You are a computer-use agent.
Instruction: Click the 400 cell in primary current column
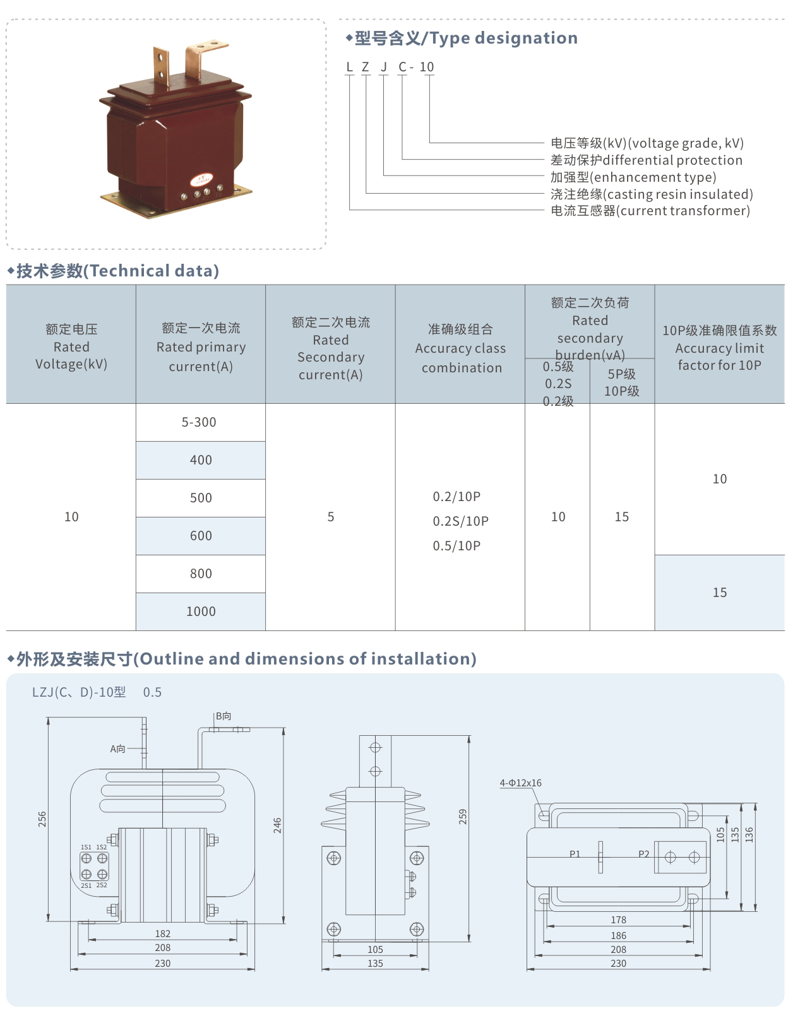pyautogui.click(x=201, y=460)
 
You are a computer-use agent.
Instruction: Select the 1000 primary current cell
pyautogui.click(x=201, y=611)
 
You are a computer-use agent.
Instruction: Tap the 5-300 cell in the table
pyautogui.click(x=199, y=422)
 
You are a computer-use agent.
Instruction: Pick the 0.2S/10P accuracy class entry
pyautogui.click(x=460, y=521)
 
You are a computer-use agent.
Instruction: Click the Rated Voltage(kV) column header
pyautogui.click(x=71, y=346)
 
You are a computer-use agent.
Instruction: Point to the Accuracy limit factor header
pyautogui.click(x=719, y=348)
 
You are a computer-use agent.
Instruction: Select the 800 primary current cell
pyautogui.click(x=201, y=574)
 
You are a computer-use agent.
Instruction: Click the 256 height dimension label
pyautogui.click(x=42, y=819)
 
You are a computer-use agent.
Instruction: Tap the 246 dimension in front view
pyautogui.click(x=277, y=825)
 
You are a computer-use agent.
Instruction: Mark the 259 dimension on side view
pyautogui.click(x=463, y=817)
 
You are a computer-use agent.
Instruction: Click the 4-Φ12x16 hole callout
pyautogui.click(x=520, y=783)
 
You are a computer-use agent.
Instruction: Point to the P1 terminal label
pyautogui.click(x=575, y=854)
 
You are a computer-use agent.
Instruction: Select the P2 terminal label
pyautogui.click(x=643, y=854)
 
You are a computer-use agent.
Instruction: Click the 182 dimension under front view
pyautogui.click(x=162, y=934)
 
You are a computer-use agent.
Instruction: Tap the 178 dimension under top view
pyautogui.click(x=618, y=920)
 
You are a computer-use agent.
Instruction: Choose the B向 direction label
pyautogui.click(x=224, y=716)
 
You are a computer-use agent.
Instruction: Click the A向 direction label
pyautogui.click(x=118, y=749)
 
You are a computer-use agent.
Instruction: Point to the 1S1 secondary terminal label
pyautogui.click(x=86, y=848)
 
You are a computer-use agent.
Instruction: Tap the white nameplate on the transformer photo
pyautogui.click(x=202, y=180)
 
